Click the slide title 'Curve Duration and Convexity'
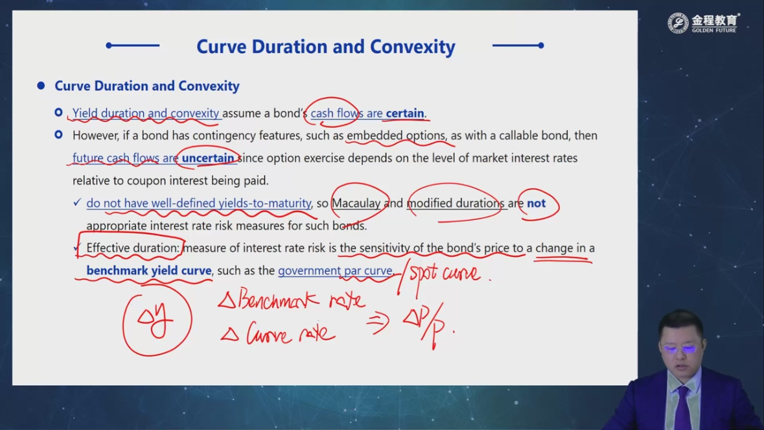(x=325, y=47)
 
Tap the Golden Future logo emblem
(x=678, y=23)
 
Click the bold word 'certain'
(x=405, y=113)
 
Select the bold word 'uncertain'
(x=208, y=158)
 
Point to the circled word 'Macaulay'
(x=356, y=203)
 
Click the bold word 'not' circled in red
(x=537, y=203)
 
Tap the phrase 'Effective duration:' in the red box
(x=133, y=248)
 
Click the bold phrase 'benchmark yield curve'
(x=149, y=270)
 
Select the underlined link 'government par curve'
(x=335, y=270)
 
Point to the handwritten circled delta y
(x=156, y=320)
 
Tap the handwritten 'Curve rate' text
(x=278, y=333)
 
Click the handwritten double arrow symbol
(x=378, y=322)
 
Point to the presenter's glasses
(x=681, y=348)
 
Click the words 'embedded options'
(x=396, y=136)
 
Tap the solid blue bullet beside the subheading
(x=41, y=86)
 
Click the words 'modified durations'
(x=456, y=203)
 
